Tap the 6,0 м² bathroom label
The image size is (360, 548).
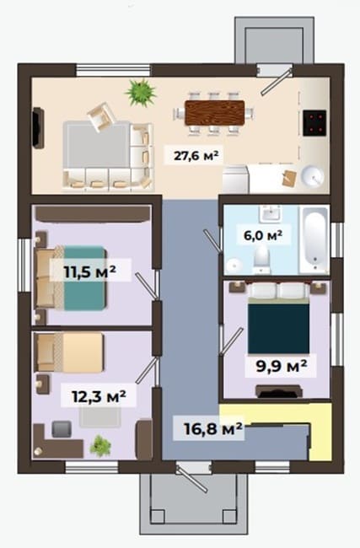point(263,235)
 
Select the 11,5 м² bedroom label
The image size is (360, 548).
point(90,271)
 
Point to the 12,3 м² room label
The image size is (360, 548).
point(99,396)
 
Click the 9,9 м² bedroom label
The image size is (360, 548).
point(282,366)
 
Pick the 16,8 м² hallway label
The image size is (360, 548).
point(213,428)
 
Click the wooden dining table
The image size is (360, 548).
point(215,112)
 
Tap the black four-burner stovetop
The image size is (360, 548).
point(314,123)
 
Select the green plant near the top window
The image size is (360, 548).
point(141,92)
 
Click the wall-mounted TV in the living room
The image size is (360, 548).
point(38,128)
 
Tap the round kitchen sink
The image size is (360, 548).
point(313,176)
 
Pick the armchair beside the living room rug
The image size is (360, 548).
point(101,116)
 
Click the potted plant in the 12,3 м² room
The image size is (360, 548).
point(100,446)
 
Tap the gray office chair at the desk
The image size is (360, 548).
point(62,429)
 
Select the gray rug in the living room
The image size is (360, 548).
point(96,144)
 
